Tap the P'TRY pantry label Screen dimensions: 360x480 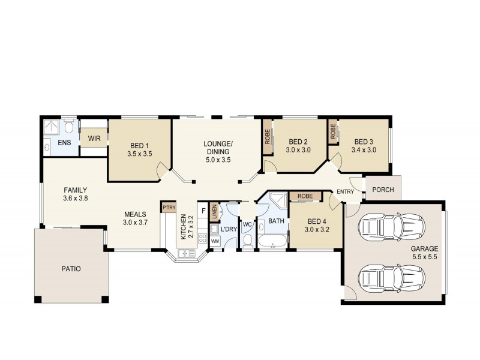point(167,208)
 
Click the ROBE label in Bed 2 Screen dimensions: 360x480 point(267,137)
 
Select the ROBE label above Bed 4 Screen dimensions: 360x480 point(305,196)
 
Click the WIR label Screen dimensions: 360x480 point(94,138)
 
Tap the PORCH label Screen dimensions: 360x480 point(383,190)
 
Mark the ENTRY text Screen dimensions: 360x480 point(345,191)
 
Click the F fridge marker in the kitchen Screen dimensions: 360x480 point(203,211)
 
